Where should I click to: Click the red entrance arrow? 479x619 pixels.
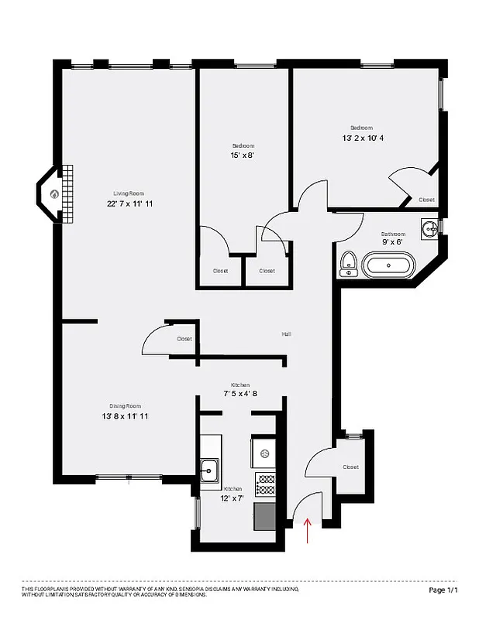click(309, 532)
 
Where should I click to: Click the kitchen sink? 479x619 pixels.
click(209, 468)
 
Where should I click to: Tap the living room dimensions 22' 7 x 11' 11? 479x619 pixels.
click(129, 203)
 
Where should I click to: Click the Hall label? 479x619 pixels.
click(286, 334)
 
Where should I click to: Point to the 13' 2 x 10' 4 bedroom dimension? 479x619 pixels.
click(362, 138)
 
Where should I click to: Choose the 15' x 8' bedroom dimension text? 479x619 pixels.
click(243, 155)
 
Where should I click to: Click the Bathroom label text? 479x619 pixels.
click(393, 234)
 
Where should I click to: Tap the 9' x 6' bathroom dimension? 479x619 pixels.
click(393, 242)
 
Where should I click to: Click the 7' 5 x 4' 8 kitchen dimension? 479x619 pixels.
click(239, 394)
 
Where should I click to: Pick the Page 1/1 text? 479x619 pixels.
click(443, 590)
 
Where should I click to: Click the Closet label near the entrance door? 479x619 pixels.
click(350, 467)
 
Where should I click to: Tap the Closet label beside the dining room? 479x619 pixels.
click(184, 339)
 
